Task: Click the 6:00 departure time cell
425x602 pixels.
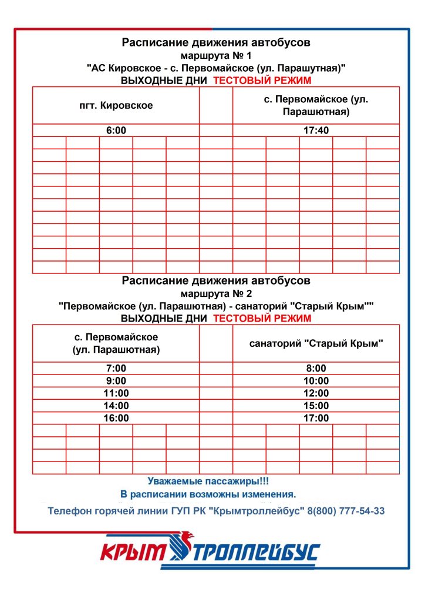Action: (x=116, y=131)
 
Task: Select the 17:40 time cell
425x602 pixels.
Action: (x=316, y=131)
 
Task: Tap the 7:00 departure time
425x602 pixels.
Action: (x=116, y=369)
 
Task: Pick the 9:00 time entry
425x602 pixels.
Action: (x=116, y=381)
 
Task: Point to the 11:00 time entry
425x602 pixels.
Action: (x=116, y=393)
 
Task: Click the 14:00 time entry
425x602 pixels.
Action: (x=116, y=406)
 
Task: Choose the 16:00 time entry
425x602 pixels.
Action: (x=116, y=418)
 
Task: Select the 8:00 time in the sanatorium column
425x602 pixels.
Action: (x=316, y=369)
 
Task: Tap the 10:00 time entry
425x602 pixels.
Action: (x=316, y=381)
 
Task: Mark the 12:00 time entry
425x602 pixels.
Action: (x=316, y=393)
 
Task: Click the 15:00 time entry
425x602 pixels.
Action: (x=316, y=406)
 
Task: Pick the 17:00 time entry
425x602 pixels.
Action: (x=316, y=418)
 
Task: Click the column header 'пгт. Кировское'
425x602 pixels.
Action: (x=116, y=106)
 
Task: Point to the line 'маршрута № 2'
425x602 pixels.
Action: (x=216, y=293)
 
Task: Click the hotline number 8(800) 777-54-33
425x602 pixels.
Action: (x=346, y=511)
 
